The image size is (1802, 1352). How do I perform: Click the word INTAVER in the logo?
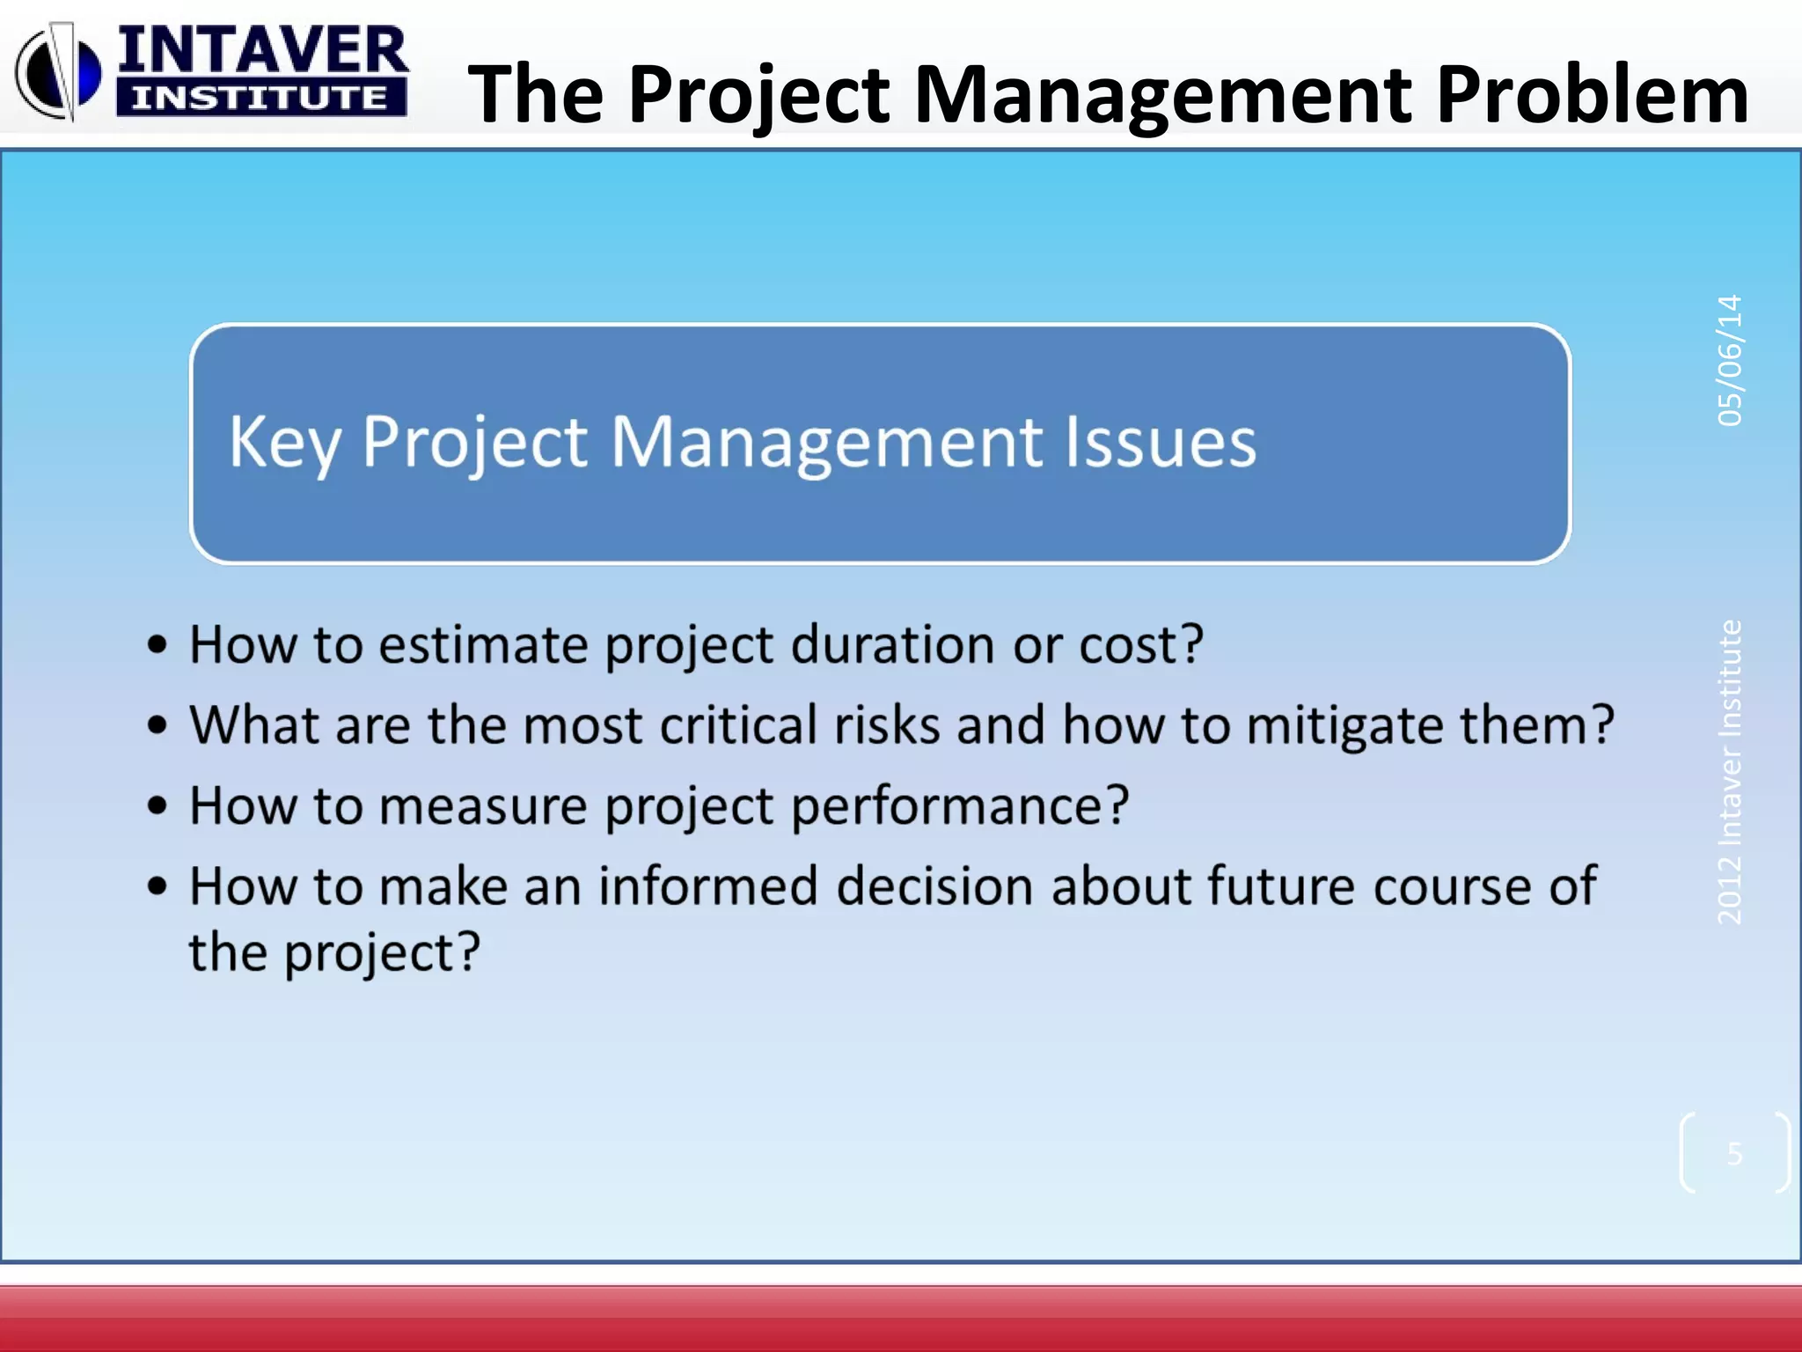(262, 50)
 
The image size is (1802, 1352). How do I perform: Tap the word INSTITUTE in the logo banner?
(260, 98)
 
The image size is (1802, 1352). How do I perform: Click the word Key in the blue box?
(284, 443)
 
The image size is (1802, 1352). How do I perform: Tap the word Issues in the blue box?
(1160, 442)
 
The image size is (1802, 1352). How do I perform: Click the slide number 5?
(1734, 1153)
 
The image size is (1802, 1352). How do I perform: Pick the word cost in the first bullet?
(1140, 645)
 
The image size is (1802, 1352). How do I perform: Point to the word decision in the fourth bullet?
(934, 885)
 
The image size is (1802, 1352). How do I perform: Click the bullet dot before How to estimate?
(157, 645)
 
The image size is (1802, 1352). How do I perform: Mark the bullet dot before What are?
(157, 726)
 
